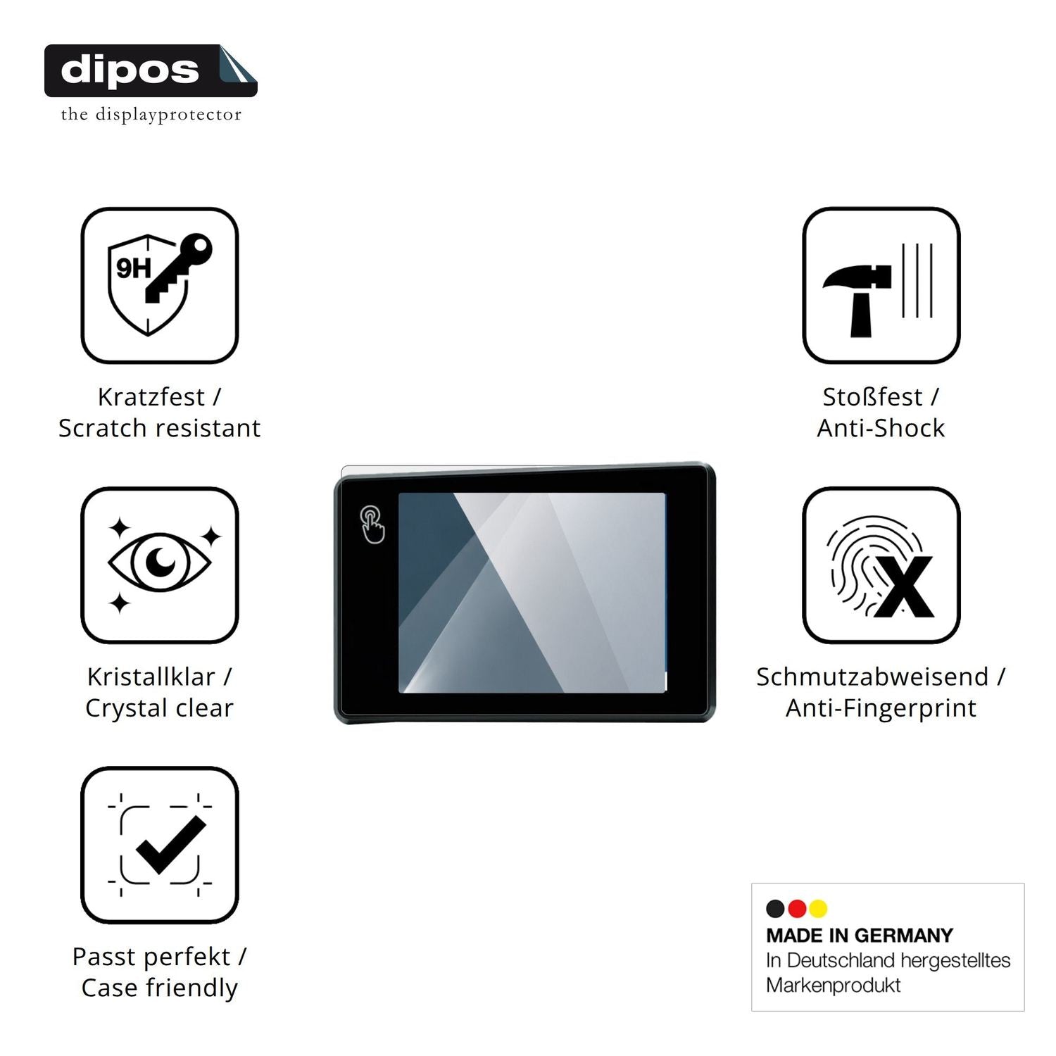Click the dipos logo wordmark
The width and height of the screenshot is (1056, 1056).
click(x=130, y=70)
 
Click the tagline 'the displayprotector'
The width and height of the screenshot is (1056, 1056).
click(x=151, y=115)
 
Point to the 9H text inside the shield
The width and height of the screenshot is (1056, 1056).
click(x=134, y=268)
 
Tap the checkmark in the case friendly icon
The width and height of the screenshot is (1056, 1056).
click(x=170, y=845)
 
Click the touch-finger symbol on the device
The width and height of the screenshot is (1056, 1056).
click(x=372, y=524)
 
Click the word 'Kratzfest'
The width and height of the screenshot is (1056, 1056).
click(x=151, y=397)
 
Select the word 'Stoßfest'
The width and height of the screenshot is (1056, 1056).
click(x=872, y=397)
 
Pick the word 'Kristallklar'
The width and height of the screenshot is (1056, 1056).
click(x=151, y=677)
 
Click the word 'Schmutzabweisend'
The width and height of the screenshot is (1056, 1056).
click(x=872, y=677)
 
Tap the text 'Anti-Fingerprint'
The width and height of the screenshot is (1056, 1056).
click(x=881, y=708)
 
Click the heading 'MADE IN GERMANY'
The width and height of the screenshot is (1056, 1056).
click(x=860, y=936)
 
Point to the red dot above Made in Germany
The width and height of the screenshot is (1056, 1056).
click(x=797, y=909)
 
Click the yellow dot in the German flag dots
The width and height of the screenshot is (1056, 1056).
click(x=818, y=909)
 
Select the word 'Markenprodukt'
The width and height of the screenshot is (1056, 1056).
click(x=833, y=986)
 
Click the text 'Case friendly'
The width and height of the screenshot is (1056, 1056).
click(x=159, y=988)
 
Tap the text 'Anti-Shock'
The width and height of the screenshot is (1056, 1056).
click(x=881, y=428)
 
